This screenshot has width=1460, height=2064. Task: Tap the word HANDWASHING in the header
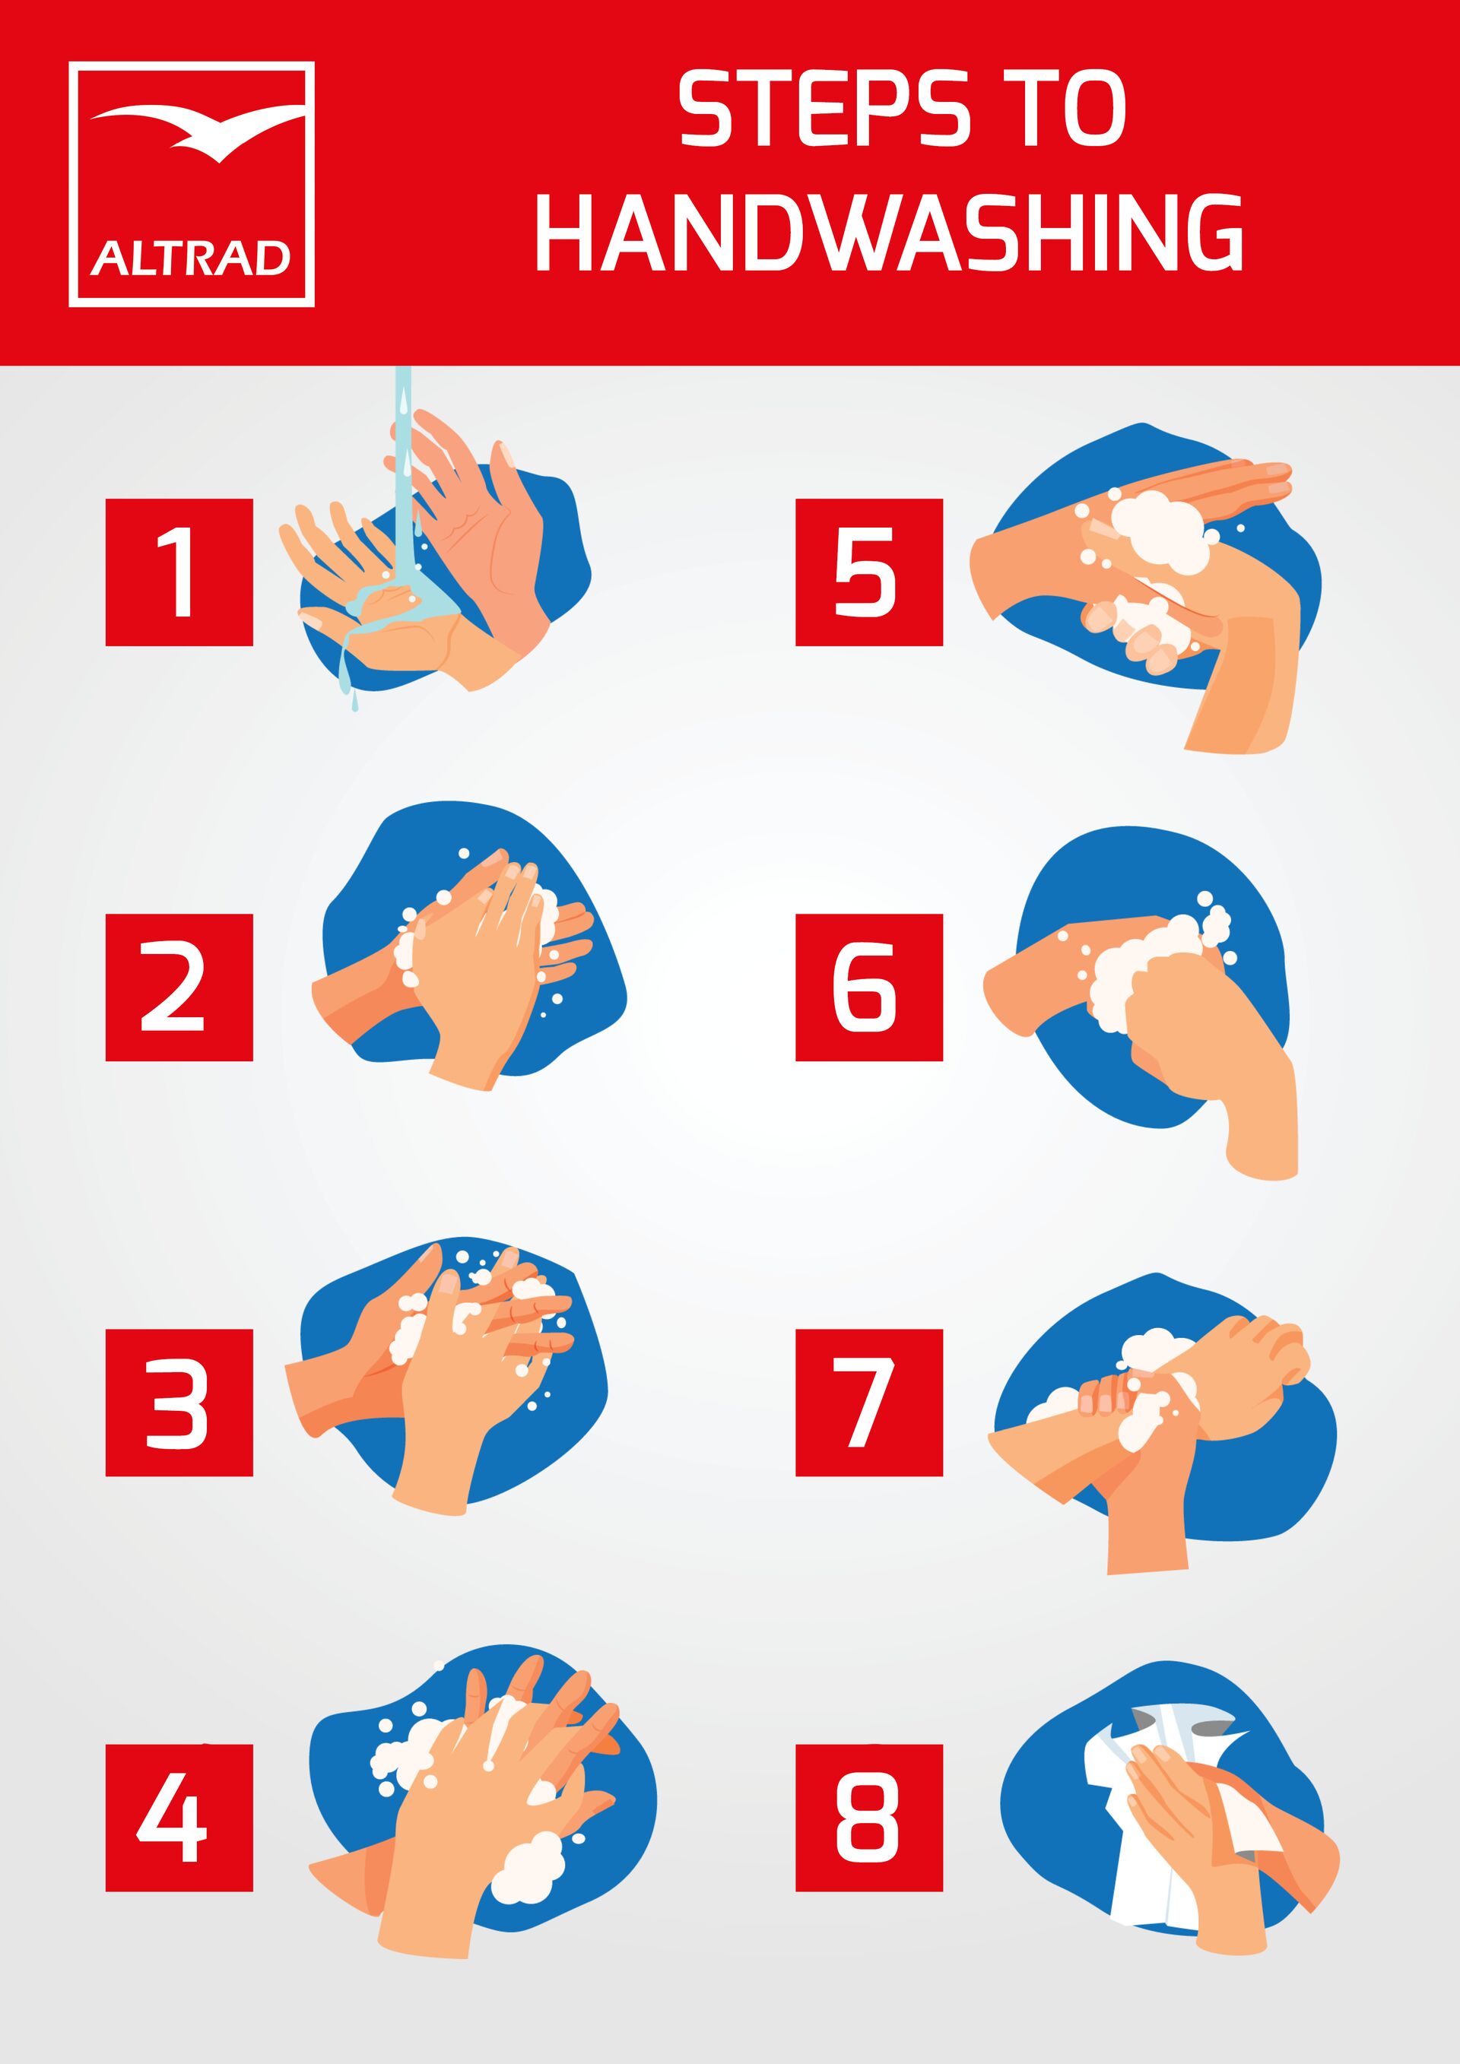[x=890, y=233]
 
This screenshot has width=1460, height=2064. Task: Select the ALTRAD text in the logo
[x=191, y=259]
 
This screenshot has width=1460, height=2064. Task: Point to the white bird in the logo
[x=196, y=132]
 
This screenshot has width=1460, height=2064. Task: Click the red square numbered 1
[x=179, y=572]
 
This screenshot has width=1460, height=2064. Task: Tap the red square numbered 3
[x=179, y=1403]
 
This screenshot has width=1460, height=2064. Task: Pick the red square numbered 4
[x=179, y=1818]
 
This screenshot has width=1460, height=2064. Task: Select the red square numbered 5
[x=869, y=572]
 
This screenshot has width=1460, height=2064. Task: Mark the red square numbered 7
[x=869, y=1403]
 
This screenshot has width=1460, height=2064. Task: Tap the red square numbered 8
[x=869, y=1818]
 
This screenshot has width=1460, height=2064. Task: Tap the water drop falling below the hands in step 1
[x=355, y=704]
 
